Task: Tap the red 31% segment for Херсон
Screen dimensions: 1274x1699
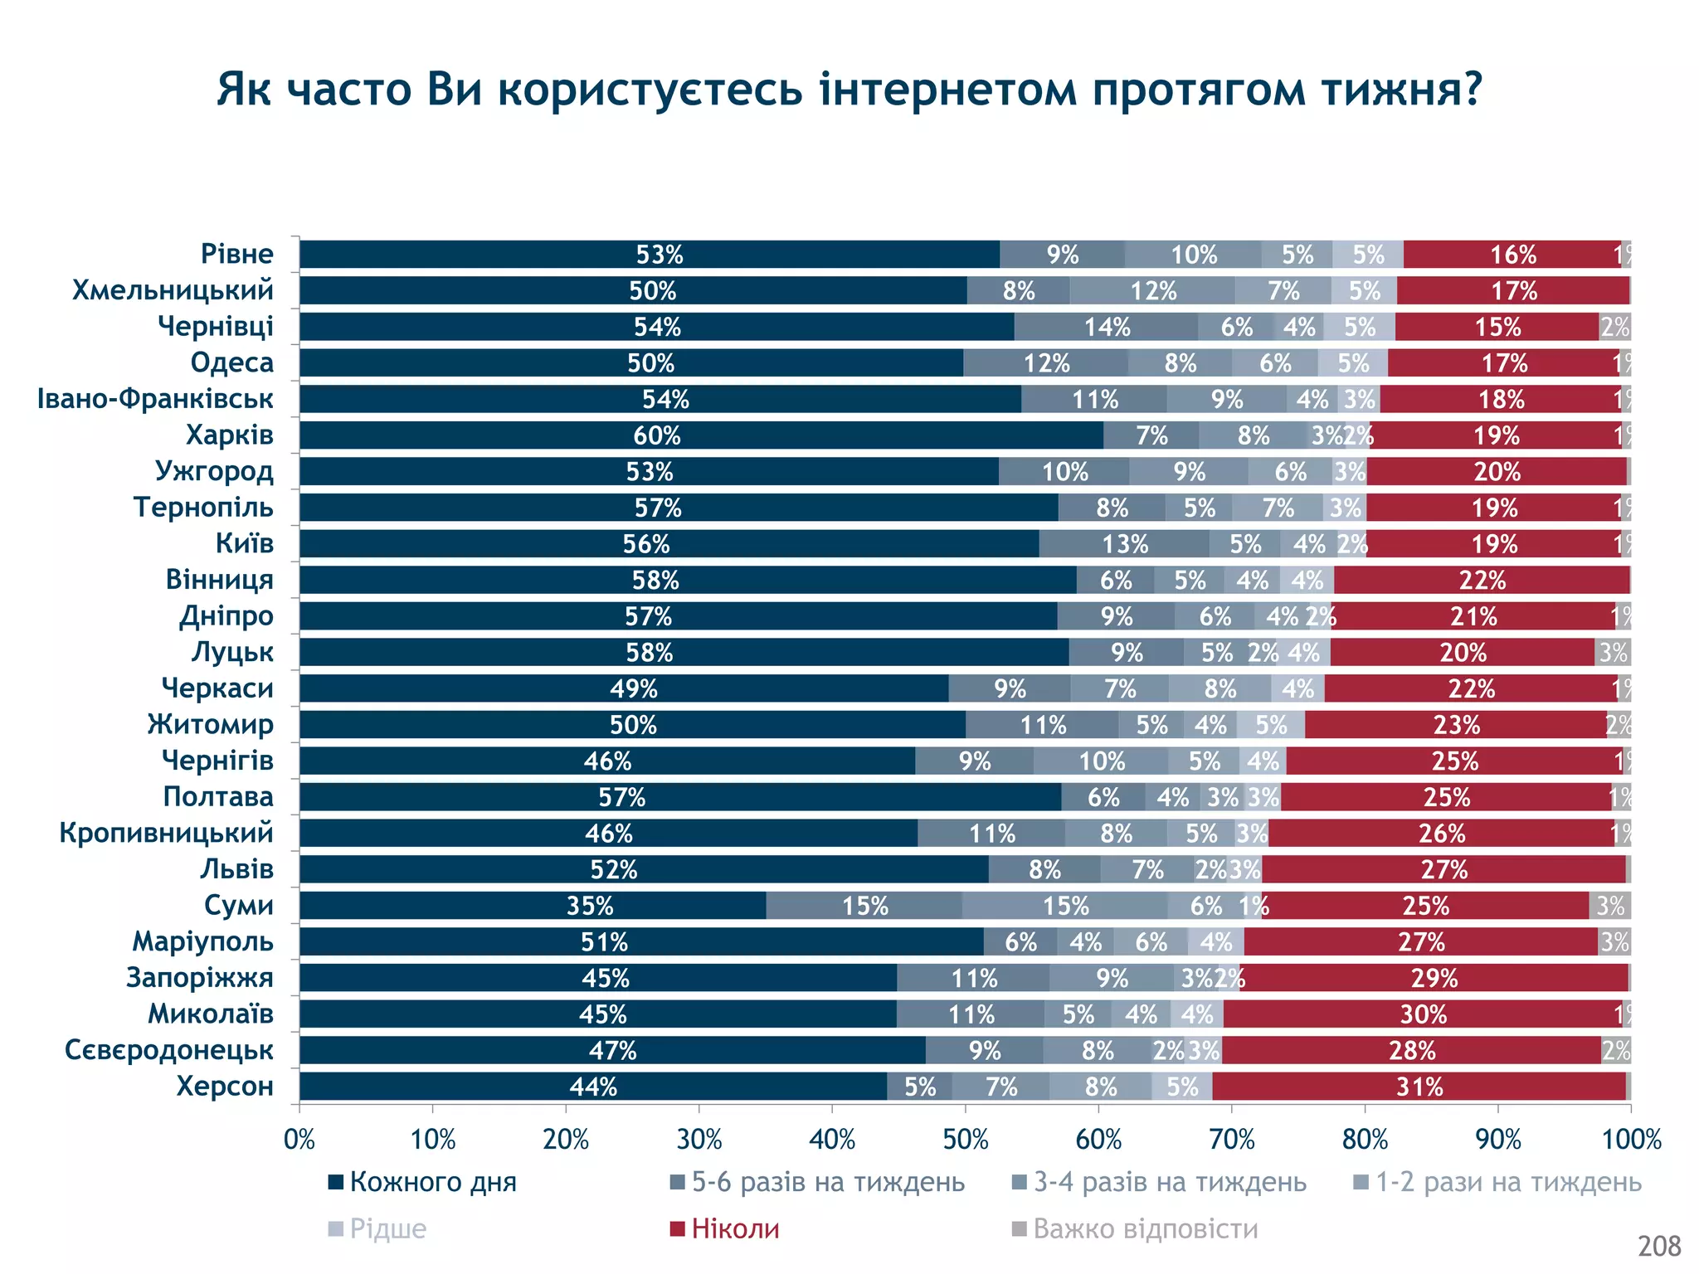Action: coord(1419,1087)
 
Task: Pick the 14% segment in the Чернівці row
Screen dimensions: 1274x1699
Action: coord(1106,327)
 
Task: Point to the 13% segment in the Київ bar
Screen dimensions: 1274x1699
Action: coord(1124,544)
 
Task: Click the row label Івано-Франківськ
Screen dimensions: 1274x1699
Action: coord(155,399)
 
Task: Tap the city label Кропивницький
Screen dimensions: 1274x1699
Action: coord(166,833)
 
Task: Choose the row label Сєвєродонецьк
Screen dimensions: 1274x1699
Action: coord(168,1050)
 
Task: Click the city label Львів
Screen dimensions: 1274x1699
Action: coord(236,869)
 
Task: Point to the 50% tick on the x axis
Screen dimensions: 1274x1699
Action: coord(966,1140)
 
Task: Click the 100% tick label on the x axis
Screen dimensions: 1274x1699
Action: coord(1631,1140)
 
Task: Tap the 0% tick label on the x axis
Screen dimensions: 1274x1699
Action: coord(299,1140)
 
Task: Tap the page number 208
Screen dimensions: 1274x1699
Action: coord(1658,1247)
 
